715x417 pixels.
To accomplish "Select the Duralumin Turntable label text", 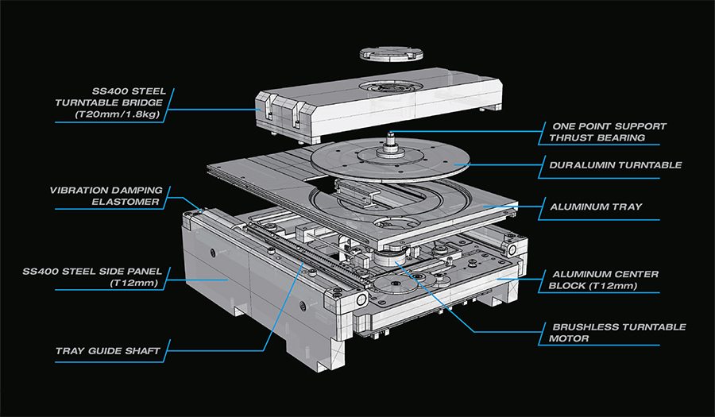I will pyautogui.click(x=615, y=166).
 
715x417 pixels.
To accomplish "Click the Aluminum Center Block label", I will pyautogui.click(x=609, y=280).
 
